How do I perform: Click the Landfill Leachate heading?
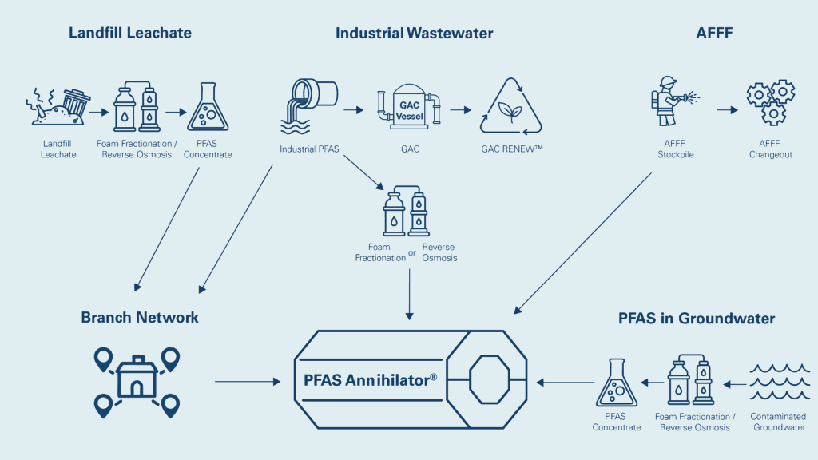(x=130, y=34)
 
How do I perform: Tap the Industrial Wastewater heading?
(x=414, y=34)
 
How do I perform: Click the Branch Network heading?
(x=140, y=318)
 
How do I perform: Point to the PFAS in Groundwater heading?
(x=697, y=319)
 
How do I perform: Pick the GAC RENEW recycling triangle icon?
(x=510, y=107)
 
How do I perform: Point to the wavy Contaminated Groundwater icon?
(x=778, y=383)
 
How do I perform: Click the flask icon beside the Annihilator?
(x=616, y=384)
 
